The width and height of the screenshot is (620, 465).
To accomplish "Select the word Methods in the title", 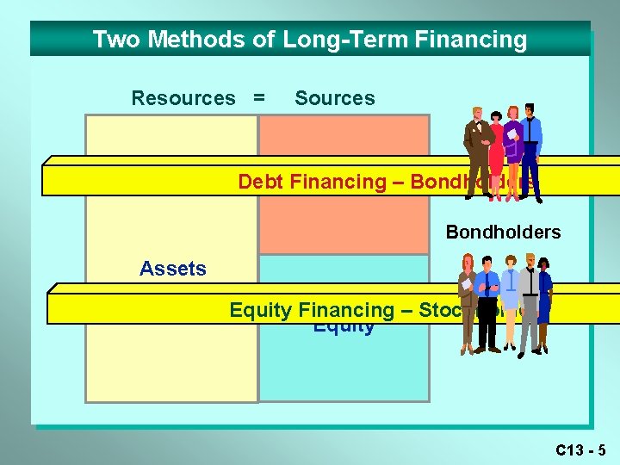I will (178, 40).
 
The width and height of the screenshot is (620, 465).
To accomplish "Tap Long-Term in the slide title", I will (320, 40).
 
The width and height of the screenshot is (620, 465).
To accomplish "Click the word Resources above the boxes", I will (183, 98).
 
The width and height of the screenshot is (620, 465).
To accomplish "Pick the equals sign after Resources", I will (258, 98).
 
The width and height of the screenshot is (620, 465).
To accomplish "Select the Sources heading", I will (334, 98).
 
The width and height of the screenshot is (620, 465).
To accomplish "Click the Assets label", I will (173, 269).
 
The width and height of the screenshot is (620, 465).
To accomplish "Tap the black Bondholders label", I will (503, 232).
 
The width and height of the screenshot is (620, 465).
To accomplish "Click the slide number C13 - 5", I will (580, 449).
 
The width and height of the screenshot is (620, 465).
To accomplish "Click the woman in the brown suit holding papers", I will (468, 301).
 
